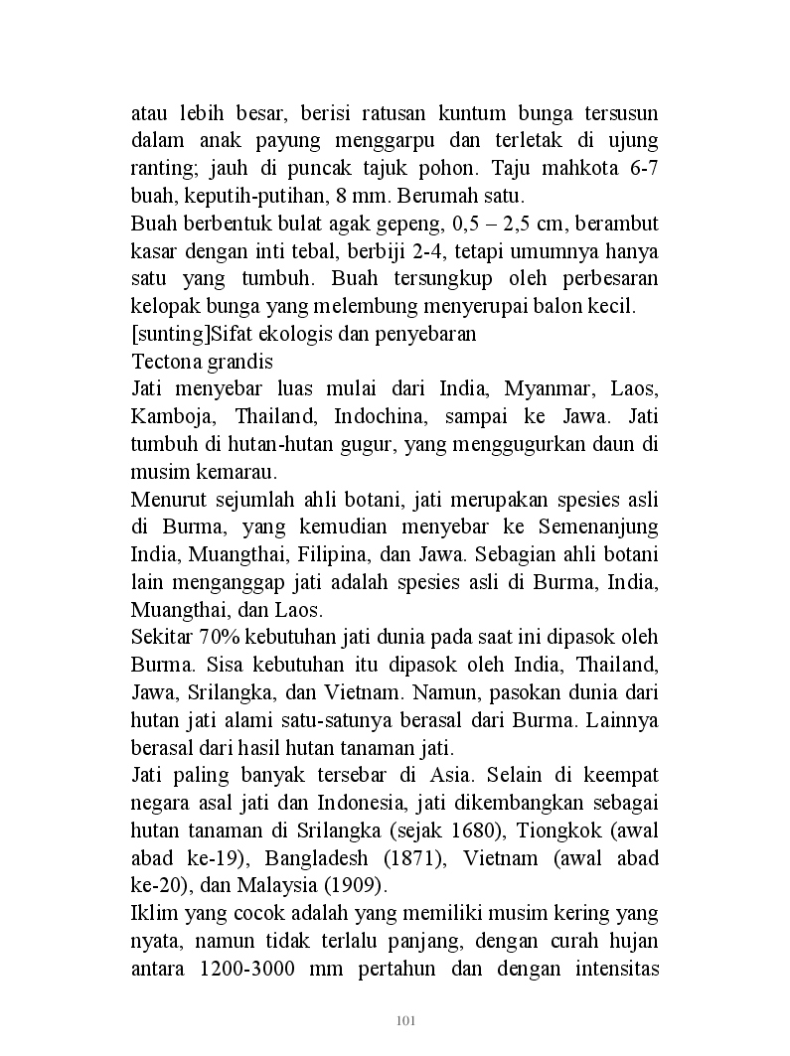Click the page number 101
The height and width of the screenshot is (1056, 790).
pyautogui.click(x=404, y=1020)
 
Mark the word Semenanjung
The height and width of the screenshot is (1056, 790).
pyautogui.click(x=593, y=526)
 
